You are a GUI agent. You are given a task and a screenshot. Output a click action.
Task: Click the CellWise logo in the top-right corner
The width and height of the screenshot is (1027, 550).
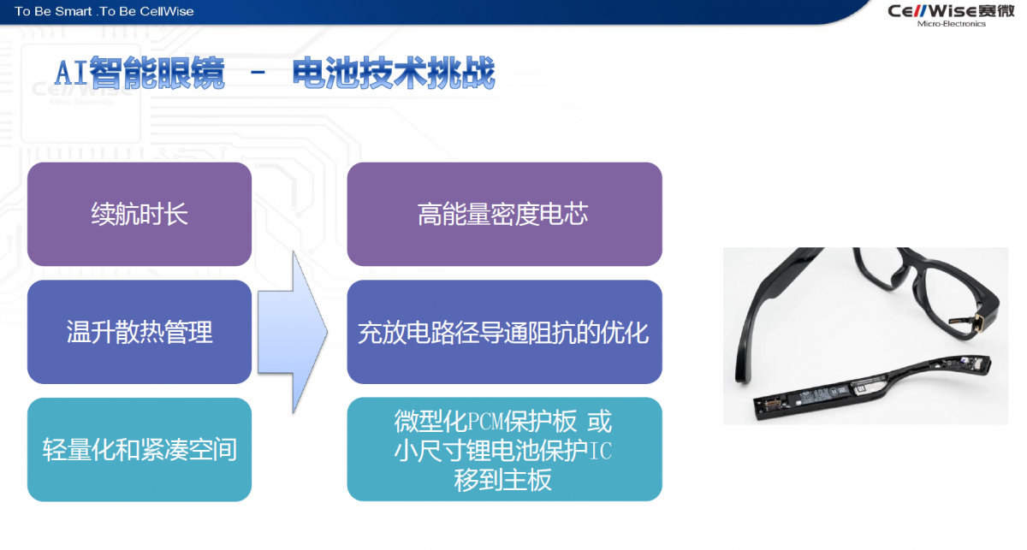(951, 15)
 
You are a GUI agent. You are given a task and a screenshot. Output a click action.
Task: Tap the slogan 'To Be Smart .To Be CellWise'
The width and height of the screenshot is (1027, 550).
(104, 11)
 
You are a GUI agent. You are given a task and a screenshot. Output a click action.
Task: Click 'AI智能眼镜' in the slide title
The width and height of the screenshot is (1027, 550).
(140, 73)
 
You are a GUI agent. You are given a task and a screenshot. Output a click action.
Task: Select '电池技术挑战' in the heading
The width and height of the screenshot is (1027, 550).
(394, 73)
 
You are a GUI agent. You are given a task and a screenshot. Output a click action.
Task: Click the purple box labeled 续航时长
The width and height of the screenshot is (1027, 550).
(140, 214)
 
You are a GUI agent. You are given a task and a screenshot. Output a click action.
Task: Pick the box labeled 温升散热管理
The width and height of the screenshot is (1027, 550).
(140, 332)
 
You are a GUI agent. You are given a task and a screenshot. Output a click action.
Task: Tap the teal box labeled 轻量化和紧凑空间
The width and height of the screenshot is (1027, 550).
(140, 450)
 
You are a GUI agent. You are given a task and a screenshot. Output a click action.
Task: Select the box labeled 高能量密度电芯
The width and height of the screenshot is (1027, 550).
(504, 214)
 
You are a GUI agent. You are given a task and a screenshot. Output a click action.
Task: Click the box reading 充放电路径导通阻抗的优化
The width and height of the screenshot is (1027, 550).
(504, 332)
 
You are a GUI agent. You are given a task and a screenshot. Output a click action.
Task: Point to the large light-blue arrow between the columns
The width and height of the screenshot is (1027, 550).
(294, 332)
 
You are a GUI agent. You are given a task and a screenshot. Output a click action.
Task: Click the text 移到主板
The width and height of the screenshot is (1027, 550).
(502, 481)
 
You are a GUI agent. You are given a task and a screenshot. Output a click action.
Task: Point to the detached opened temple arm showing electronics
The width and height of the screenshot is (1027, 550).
(872, 387)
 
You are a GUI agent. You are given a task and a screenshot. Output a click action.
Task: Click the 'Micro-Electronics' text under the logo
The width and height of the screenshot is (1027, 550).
(952, 24)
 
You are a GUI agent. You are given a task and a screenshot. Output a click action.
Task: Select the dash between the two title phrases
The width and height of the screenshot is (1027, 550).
(258, 72)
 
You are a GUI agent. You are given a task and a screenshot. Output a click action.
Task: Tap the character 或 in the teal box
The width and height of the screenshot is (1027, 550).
(600, 422)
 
